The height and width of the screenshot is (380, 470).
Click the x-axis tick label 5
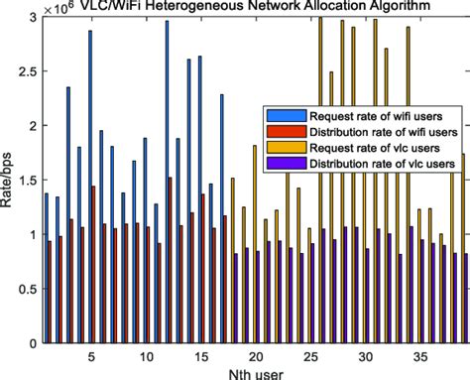coord(91,354)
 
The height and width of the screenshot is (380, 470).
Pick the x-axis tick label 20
coord(256,354)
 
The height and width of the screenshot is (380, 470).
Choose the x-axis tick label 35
coord(420,354)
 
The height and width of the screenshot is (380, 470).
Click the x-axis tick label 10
coord(146,354)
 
